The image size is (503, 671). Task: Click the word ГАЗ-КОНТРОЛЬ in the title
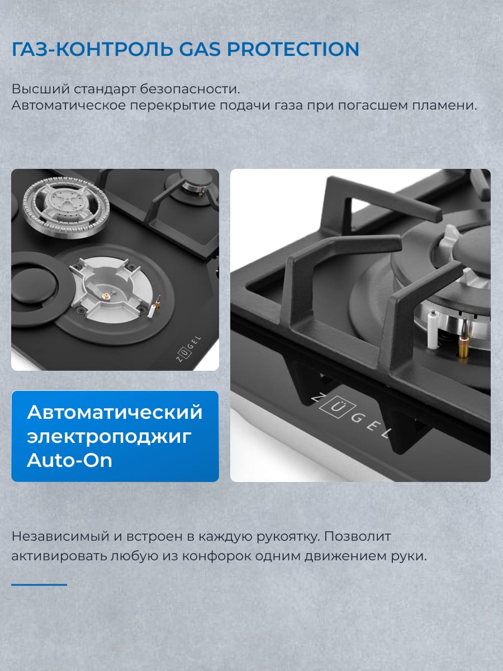click(91, 49)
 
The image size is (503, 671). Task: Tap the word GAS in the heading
click(200, 49)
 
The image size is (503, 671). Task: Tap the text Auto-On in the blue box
click(70, 460)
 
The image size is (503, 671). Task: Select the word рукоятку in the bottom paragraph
click(286, 536)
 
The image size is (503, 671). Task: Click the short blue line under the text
click(39, 584)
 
